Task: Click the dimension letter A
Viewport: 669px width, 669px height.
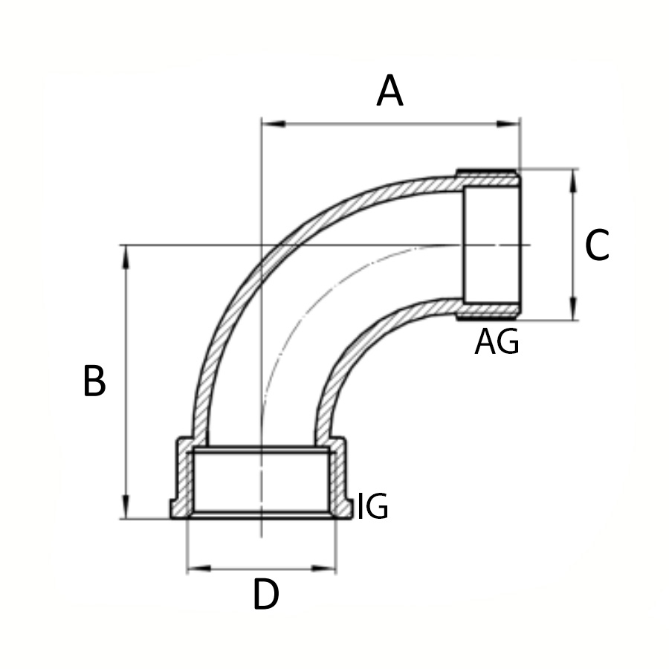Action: (x=390, y=91)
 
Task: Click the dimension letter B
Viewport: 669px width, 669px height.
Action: (x=94, y=381)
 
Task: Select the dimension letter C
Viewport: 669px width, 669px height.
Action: (x=597, y=245)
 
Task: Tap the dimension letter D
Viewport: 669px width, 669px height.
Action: (x=266, y=594)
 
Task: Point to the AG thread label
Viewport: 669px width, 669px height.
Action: (x=497, y=341)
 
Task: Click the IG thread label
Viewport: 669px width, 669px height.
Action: (x=372, y=506)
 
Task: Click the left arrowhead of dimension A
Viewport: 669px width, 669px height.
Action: (x=274, y=123)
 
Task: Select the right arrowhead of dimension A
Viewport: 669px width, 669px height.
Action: (x=508, y=123)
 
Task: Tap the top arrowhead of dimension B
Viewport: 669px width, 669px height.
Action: (x=126, y=257)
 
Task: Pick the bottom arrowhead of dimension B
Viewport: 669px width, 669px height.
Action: (x=126, y=507)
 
